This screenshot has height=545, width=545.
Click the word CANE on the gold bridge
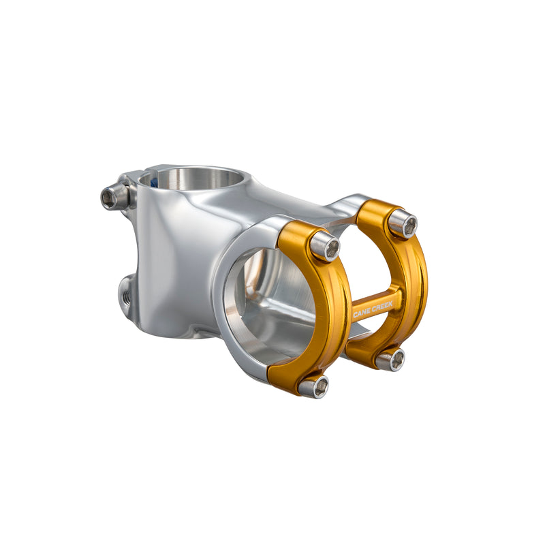pyautogui.click(x=362, y=313)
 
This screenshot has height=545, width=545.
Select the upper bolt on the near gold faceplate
pyautogui.click(x=325, y=247)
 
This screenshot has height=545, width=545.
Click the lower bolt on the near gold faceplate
pyautogui.click(x=313, y=386)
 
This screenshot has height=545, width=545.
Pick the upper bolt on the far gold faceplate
pyautogui.click(x=403, y=224)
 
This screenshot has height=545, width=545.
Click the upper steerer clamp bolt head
pyautogui.click(x=112, y=198)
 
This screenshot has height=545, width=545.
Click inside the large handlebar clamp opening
pyautogui.click(x=272, y=307)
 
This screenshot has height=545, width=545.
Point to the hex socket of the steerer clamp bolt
pyautogui.click(x=109, y=198)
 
